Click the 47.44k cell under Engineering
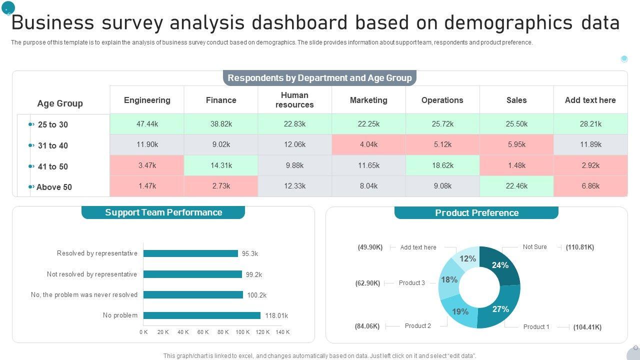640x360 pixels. click(x=147, y=124)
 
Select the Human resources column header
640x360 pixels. click(x=294, y=100)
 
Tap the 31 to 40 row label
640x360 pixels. click(x=52, y=145)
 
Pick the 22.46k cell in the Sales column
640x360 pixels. click(x=516, y=186)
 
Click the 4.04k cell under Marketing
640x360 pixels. click(x=368, y=144)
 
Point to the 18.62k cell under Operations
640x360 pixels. click(x=442, y=165)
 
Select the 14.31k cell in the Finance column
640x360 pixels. click(x=221, y=165)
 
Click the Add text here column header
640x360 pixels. click(x=590, y=100)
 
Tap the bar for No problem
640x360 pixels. click(x=202, y=315)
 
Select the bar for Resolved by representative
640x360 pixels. click(x=190, y=253)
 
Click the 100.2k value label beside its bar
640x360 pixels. click(x=256, y=295)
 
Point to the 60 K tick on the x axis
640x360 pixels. click(x=203, y=332)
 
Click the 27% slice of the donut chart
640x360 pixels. click(x=500, y=310)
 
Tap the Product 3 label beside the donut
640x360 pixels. click(x=412, y=283)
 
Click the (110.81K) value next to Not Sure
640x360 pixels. click(x=580, y=247)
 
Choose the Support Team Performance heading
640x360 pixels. click(x=163, y=212)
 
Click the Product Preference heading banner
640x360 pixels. click(x=476, y=213)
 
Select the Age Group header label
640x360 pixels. click(x=60, y=103)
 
